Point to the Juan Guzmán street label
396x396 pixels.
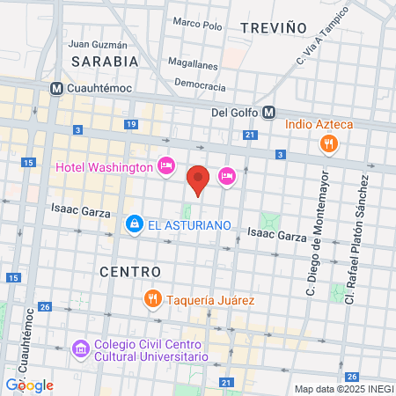[x=97, y=44]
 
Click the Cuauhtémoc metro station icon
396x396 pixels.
[x=56, y=88]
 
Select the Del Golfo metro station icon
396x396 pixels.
[x=268, y=112]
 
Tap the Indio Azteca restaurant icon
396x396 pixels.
[x=329, y=143]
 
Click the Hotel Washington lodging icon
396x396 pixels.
[x=165, y=166]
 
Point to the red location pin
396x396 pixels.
[x=199, y=179]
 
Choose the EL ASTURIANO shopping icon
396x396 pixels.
[x=134, y=225]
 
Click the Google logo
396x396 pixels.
[x=29, y=385]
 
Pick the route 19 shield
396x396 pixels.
[x=130, y=125]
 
